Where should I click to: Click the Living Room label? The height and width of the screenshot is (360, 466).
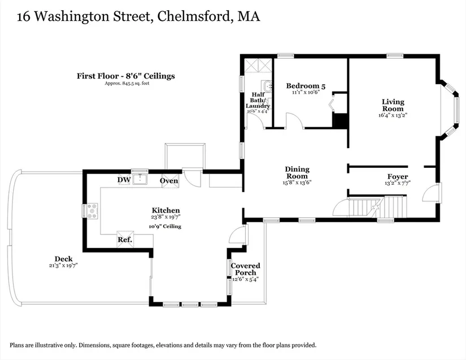392,105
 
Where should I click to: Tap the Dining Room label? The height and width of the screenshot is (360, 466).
297,172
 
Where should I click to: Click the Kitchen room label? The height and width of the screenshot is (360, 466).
166,210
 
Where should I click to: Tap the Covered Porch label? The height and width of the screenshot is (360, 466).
245,269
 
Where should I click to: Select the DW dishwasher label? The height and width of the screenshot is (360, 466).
124,180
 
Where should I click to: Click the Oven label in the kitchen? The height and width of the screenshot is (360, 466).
169,180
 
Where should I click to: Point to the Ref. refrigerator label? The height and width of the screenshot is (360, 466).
125,240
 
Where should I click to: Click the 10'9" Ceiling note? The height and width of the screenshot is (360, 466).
165,226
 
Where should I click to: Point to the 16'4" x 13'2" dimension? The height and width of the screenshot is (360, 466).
393,115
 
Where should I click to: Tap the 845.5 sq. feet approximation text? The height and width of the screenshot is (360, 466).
127,84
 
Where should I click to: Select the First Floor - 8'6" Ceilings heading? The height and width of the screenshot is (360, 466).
126,76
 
